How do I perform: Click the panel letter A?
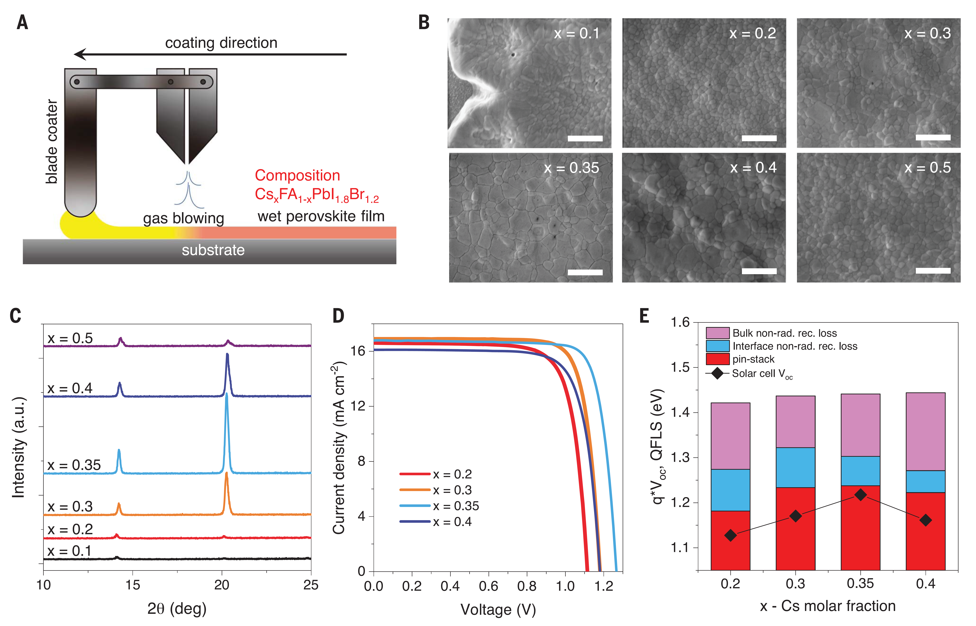tap(22, 22)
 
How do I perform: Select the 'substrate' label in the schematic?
tap(213, 250)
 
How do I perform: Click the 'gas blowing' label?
tap(183, 218)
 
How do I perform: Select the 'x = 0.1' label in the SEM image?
tap(576, 33)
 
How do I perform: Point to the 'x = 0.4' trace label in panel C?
tap(70, 388)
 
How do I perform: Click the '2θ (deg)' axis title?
tap(177, 608)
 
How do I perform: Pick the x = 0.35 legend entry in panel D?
tap(439, 506)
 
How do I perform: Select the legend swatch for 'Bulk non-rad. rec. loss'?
tap(717, 333)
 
